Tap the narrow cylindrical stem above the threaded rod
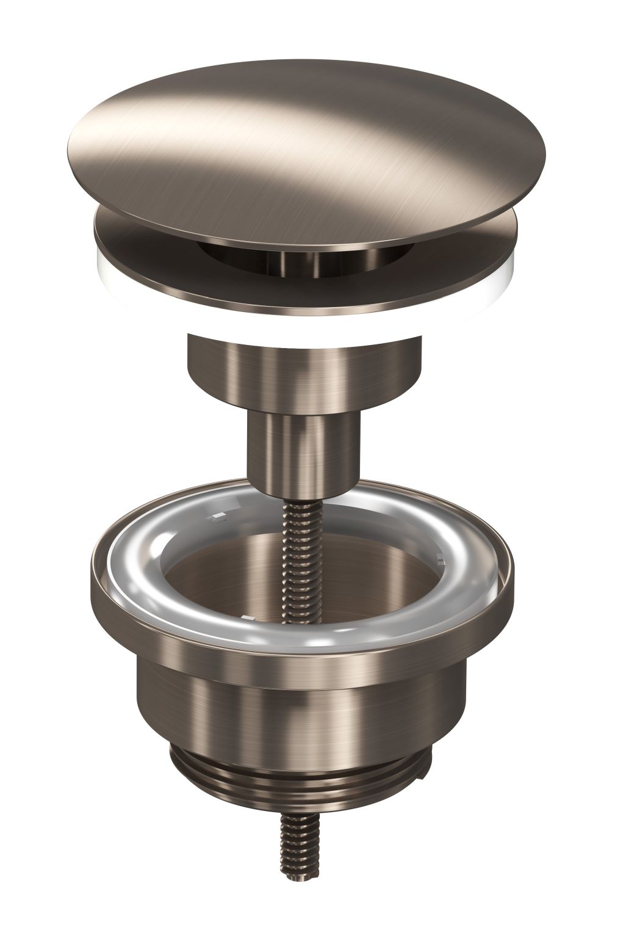tap(299, 446)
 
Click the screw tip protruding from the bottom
tap(300, 879)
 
